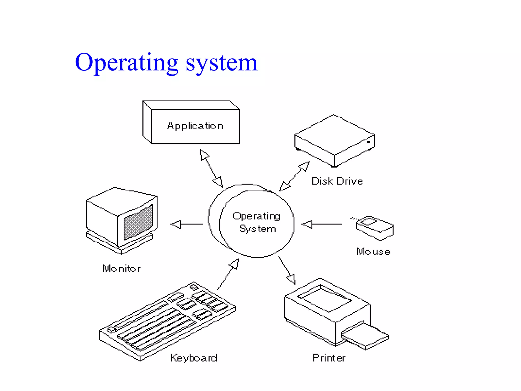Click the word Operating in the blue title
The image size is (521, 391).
coord(127,62)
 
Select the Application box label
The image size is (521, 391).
coord(195,126)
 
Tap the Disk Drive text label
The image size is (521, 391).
coord(337,181)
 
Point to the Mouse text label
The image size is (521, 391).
coord(373,252)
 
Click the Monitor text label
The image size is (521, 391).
coord(121,269)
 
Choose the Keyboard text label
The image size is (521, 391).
coord(194,358)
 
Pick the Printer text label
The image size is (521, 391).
coord(329,358)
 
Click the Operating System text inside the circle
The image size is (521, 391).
coord(257,222)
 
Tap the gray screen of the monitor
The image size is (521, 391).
coord(138,222)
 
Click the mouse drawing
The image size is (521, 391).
coord(374,228)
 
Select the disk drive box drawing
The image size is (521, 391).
coord(334,140)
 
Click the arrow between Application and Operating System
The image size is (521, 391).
coord(211,168)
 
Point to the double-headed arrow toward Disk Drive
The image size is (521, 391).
coord(294,176)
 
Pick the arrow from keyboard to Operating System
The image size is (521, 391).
coord(228,274)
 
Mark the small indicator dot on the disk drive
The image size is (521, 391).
coord(368,142)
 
